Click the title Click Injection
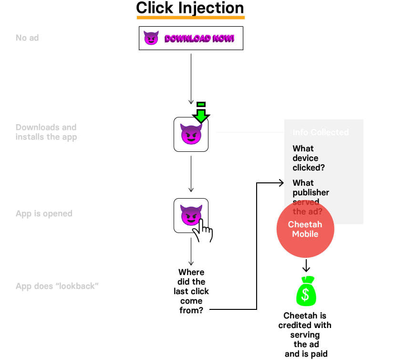click(x=190, y=8)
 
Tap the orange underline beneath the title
click(x=190, y=18)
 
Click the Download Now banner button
click(x=191, y=38)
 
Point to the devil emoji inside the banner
click(x=151, y=38)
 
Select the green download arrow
click(x=201, y=112)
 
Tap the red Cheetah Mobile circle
click(x=305, y=229)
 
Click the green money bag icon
click(x=306, y=292)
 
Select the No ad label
click(x=27, y=38)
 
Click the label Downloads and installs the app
click(x=46, y=132)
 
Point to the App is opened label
click(x=44, y=213)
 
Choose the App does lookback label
click(x=57, y=286)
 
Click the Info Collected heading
click(x=321, y=132)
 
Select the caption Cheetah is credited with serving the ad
click(x=305, y=334)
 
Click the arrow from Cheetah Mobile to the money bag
click(x=306, y=265)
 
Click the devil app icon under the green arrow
click(x=191, y=135)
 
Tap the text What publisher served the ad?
click(x=311, y=197)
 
